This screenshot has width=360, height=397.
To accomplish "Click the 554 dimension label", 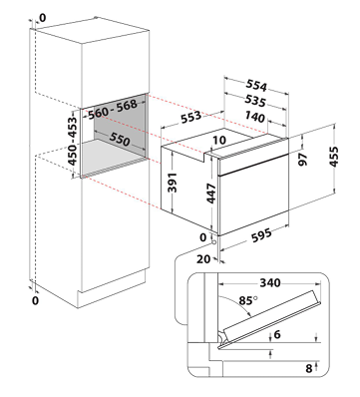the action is [256, 86].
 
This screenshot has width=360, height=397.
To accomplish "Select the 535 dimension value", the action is [255, 101].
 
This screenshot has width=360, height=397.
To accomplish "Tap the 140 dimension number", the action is [255, 117].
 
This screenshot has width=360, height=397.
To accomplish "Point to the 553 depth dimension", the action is [190, 117].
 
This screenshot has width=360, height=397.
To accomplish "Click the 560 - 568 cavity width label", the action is [113, 109].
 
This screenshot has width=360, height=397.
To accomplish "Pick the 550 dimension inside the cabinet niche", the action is [120, 140].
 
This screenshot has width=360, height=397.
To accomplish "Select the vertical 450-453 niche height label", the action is [72, 140].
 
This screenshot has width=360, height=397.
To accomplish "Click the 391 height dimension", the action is [173, 183].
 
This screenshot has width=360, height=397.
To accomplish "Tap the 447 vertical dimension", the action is [211, 194].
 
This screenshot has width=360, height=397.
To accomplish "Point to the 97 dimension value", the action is [303, 160].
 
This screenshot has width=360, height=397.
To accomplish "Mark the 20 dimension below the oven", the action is [203, 258].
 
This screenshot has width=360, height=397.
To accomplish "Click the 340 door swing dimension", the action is [270, 283].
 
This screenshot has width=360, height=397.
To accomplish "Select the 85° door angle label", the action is [248, 300].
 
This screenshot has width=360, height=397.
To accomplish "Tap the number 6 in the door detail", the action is [276, 334].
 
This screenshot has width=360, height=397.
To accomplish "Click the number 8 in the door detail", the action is [309, 368].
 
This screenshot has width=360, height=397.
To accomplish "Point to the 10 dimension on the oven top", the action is [219, 141].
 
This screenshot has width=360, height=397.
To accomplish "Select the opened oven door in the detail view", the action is [270, 319].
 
